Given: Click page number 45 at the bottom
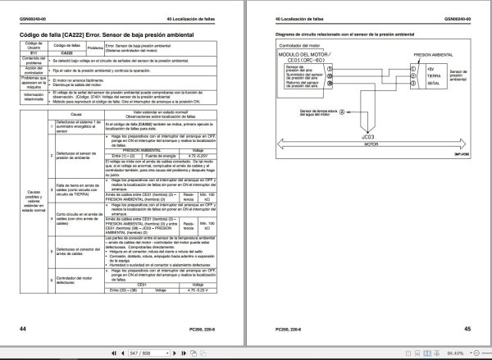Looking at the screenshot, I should coord(467,328).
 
